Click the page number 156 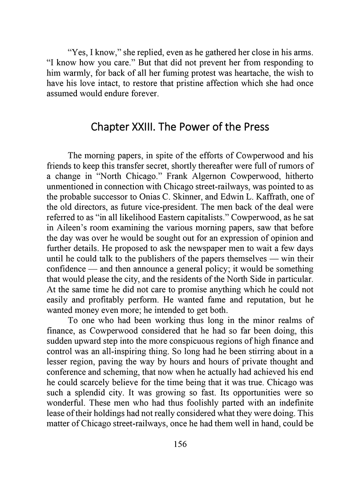coord(180,444)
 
